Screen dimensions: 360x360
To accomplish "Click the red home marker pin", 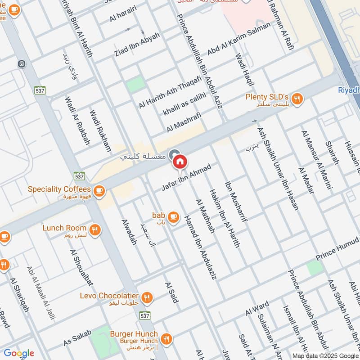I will pyautogui.click(x=180, y=161).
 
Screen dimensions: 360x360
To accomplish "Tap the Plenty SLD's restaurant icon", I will pyautogui.click(x=297, y=99).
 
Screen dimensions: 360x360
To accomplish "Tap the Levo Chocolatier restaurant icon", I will pyautogui.click(x=146, y=297).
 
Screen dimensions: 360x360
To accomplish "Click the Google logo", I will pyautogui.click(x=19, y=353).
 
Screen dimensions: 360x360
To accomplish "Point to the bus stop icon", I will pyautogui.click(x=22, y=64).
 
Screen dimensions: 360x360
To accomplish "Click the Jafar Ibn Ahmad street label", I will pyautogui.click(x=186, y=177).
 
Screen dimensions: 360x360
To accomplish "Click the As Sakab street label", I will pyautogui.click(x=77, y=337).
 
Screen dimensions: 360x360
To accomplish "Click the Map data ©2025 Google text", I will pyautogui.click(x=324, y=355).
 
